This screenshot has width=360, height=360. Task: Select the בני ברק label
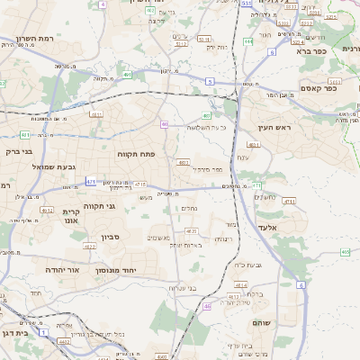17,152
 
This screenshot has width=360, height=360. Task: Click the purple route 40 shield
164,124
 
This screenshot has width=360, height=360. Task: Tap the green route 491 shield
128,75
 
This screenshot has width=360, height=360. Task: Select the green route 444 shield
247,41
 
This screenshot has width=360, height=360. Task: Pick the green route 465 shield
346,252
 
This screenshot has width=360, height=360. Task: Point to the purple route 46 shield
207,306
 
